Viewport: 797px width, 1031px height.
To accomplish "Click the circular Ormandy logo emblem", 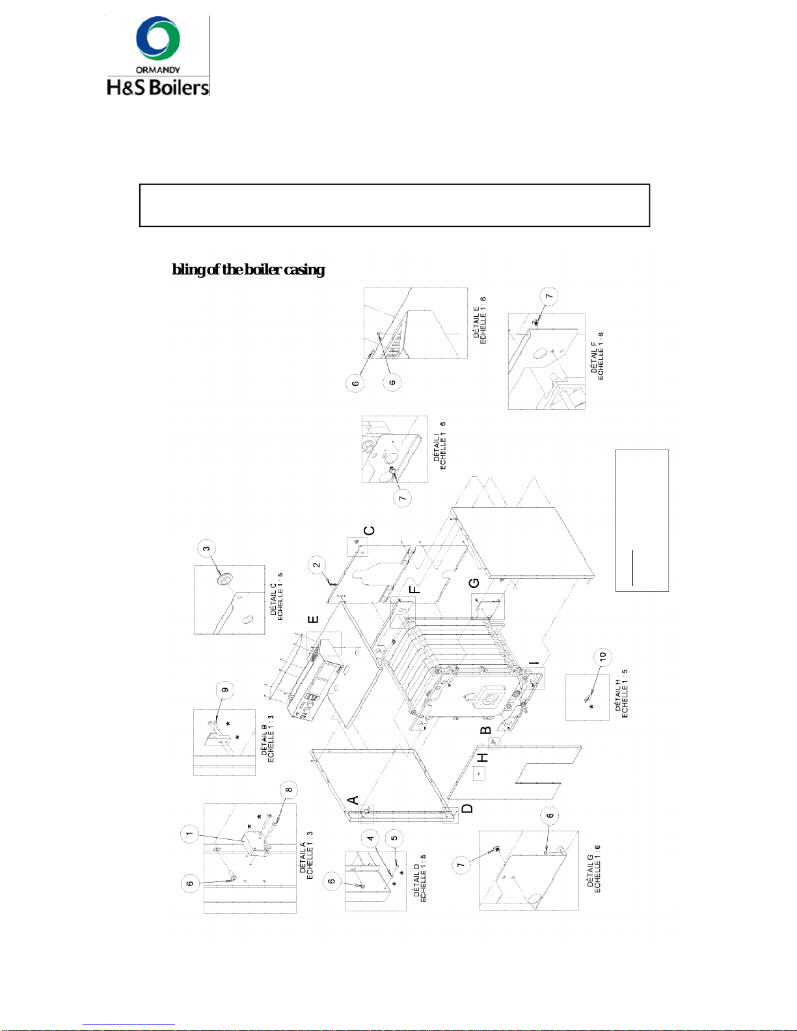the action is click(158, 38).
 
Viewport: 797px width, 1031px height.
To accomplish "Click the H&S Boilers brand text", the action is click(157, 87).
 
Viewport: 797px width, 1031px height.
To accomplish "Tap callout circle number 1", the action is click(189, 833).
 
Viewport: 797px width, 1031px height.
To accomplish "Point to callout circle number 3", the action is click(206, 548).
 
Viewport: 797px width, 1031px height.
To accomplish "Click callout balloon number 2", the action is click(317, 565).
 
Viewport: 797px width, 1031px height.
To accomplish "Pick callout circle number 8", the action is click(288, 790).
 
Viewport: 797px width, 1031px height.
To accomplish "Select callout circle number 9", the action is click(225, 690).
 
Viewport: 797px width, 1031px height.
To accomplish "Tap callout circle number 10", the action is click(602, 656).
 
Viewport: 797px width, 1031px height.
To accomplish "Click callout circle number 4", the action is click(371, 838).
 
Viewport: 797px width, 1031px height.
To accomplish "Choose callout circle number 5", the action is click(394, 838).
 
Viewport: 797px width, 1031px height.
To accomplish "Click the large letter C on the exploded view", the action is click(369, 530).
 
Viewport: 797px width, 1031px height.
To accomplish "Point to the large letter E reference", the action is click(314, 619).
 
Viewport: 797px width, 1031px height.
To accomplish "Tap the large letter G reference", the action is click(474, 582).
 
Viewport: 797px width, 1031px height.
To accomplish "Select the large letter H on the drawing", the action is click(483, 758).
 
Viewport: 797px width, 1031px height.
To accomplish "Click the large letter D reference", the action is click(467, 809).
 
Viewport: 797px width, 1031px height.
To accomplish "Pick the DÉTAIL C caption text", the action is click(277, 597).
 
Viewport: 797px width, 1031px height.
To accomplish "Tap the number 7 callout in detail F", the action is click(549, 296).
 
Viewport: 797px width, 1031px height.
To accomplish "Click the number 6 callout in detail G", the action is click(550, 816).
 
